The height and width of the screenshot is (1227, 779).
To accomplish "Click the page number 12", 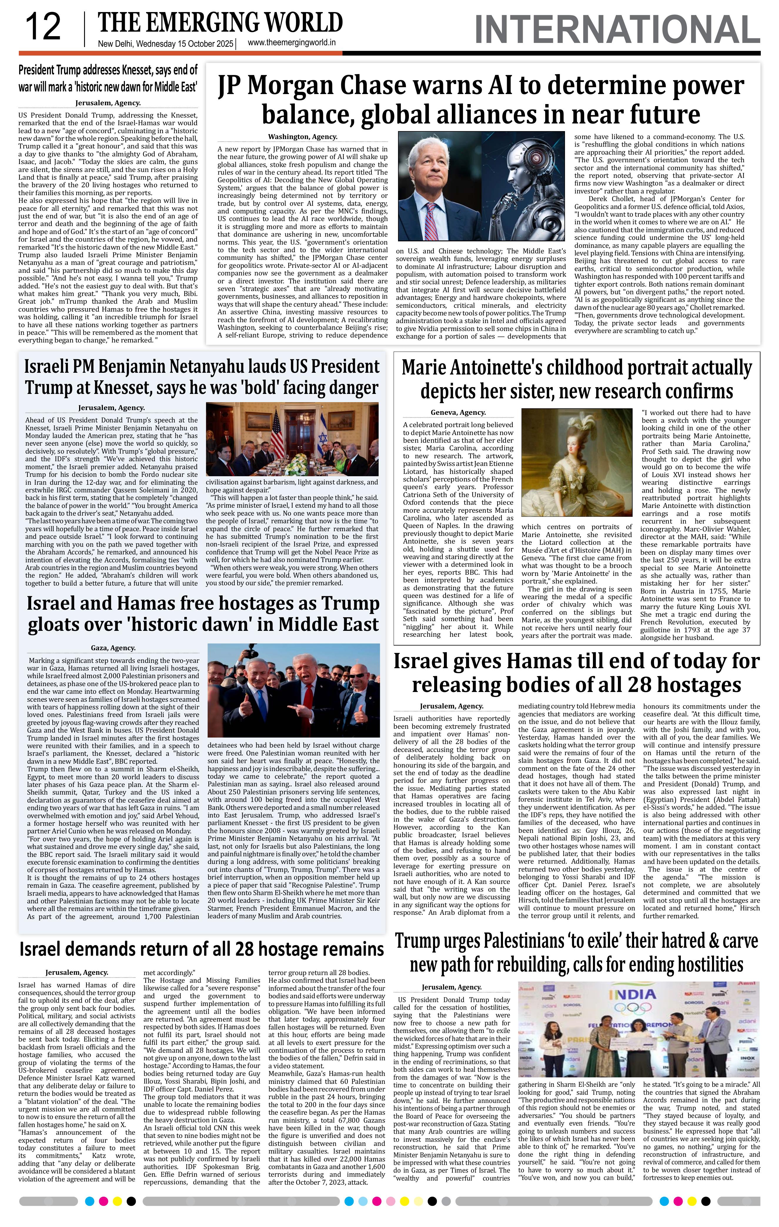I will [43, 28].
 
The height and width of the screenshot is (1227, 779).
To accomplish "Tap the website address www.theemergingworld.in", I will [291, 43].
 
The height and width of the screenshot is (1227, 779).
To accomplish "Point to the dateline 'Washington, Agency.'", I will [302, 137].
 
